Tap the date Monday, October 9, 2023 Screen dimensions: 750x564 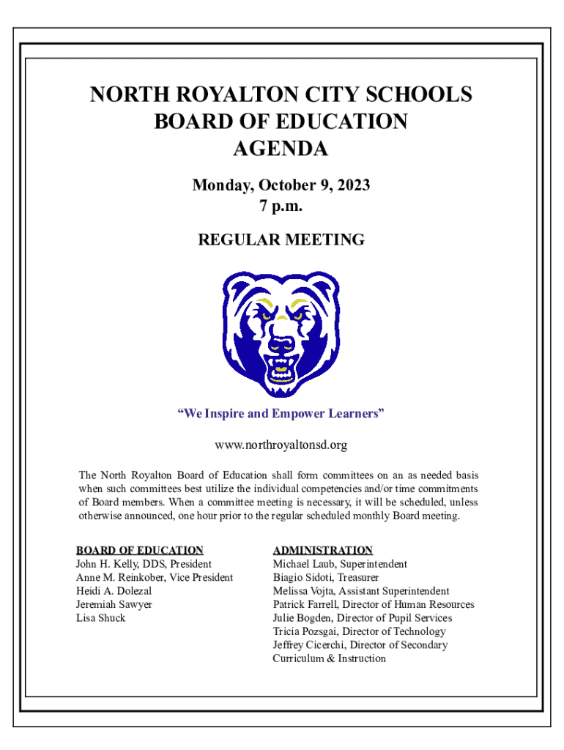281,185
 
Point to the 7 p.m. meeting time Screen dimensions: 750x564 281,207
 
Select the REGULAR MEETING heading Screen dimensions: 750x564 281,240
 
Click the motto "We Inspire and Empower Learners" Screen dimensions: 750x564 281,414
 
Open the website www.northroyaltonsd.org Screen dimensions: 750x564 281,445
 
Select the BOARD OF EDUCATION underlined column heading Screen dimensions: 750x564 139,550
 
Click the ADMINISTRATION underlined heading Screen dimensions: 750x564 322,550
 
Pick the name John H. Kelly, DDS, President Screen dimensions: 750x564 144,564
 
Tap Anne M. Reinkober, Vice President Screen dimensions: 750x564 154,577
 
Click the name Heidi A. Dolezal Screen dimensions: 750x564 114,590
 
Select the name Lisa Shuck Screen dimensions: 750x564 100,617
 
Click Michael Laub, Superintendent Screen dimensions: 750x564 340,564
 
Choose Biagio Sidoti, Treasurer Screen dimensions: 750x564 326,577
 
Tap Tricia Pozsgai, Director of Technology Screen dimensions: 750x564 359,631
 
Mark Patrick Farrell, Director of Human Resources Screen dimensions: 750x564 374,604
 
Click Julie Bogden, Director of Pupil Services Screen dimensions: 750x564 363,617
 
